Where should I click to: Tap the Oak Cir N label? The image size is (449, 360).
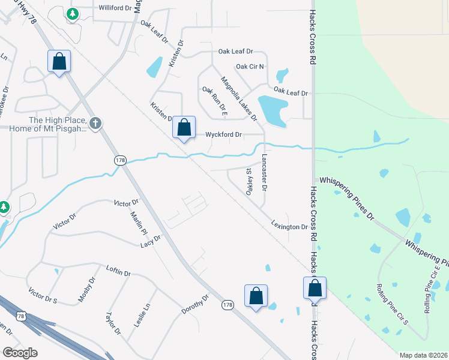250,67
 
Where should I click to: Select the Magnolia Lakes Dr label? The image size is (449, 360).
238,98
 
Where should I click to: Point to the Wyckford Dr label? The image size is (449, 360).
224,135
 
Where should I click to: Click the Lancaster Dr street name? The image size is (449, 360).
264,172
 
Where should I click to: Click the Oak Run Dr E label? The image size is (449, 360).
215,101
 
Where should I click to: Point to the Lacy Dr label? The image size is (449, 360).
151,241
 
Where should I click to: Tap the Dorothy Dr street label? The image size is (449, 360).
195,304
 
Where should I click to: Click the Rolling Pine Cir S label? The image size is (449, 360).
392,304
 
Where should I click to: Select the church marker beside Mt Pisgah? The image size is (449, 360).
95,123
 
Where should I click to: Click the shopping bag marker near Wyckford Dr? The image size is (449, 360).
184,127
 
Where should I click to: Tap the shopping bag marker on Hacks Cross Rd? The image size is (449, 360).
315,288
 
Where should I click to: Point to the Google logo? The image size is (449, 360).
20,353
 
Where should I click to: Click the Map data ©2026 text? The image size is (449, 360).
423,355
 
